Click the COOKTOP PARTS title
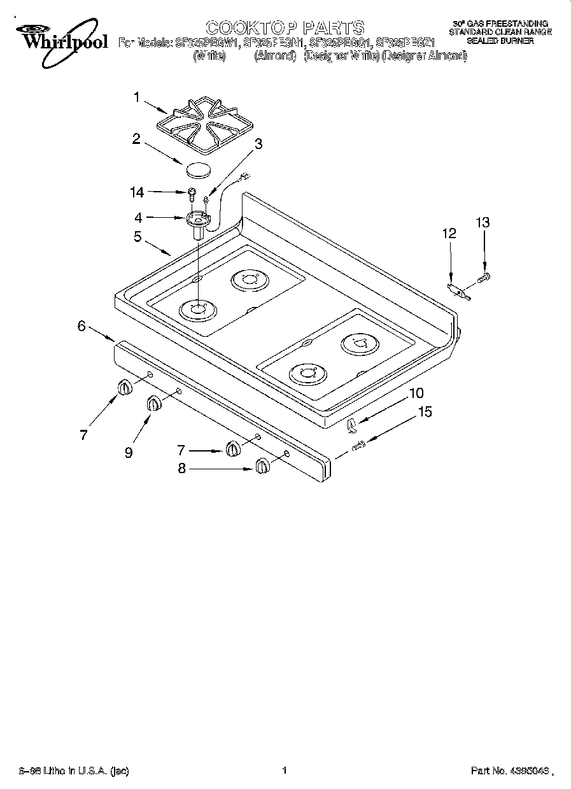coord(285,27)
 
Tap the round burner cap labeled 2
coord(197,170)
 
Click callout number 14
coord(137,191)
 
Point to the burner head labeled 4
coord(198,221)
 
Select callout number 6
coord(81,326)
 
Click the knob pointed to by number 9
coord(154,403)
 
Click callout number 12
coord(449,234)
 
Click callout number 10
coord(416,393)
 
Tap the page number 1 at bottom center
coord(285,771)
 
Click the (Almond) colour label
coord(276,56)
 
